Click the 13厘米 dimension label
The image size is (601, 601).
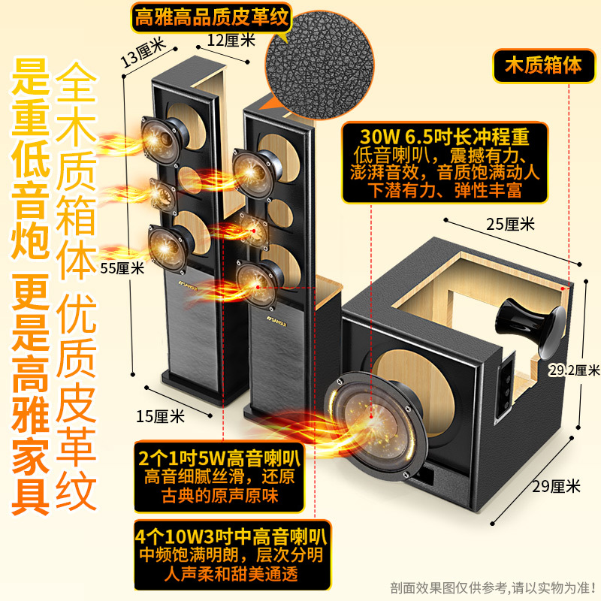(143, 52)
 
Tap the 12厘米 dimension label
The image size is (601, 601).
(231, 40)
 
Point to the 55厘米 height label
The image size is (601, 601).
(122, 268)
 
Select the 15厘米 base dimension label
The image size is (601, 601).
(160, 416)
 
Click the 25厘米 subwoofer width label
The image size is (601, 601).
(510, 224)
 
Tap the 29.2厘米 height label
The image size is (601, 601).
(574, 370)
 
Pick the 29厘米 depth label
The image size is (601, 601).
(556, 486)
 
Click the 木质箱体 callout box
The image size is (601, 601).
(543, 65)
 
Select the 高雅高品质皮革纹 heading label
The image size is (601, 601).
(211, 17)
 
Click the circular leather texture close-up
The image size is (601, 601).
(319, 65)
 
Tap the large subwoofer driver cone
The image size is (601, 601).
(376, 425)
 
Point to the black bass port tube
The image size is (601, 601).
(531, 327)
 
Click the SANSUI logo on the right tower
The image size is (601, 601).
(276, 322)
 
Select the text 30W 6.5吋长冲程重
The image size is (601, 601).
(445, 136)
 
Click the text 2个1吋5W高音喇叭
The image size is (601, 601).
(219, 458)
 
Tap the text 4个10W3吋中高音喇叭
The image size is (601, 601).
(231, 536)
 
